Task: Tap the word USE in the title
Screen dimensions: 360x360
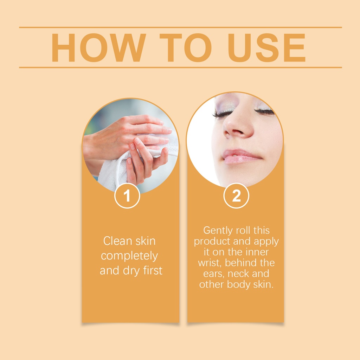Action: pos(266,48)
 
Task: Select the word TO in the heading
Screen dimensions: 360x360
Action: pos(186,48)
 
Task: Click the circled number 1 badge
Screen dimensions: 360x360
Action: pos(127,195)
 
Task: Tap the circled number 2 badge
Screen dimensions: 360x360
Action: pos(236,195)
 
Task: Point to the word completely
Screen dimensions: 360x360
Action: pos(129,256)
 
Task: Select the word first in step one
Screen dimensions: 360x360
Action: pos(153,270)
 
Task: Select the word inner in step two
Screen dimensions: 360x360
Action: pos(257,252)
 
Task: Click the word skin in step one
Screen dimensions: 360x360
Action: pos(145,241)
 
